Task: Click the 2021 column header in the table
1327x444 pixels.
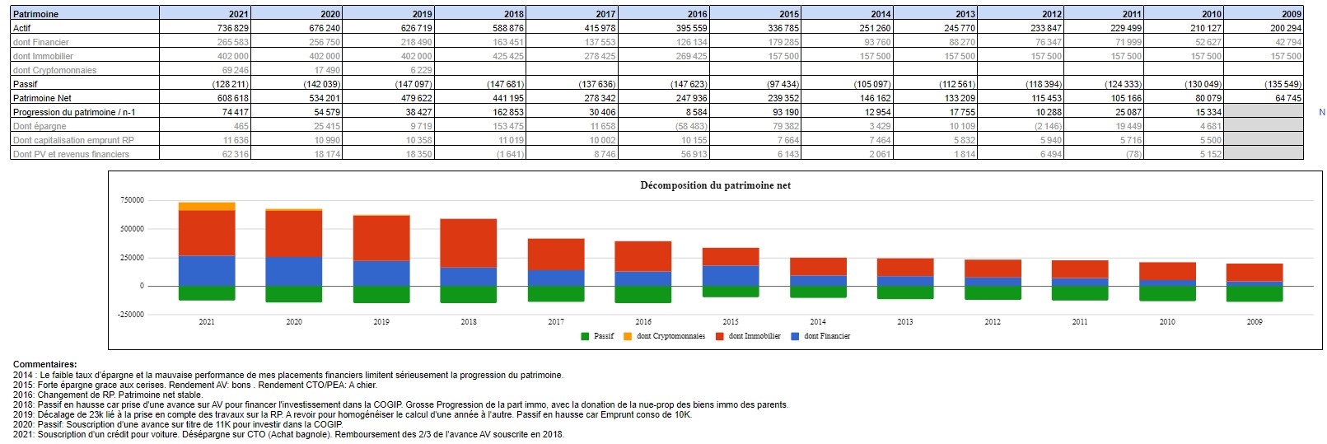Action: point(238,14)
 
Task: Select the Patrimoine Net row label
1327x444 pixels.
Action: point(42,98)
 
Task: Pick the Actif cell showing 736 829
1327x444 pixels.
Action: point(232,28)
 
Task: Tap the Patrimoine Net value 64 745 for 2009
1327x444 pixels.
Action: point(1288,98)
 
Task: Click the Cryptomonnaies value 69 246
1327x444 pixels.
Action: point(235,70)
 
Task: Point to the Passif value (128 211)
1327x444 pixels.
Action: point(231,84)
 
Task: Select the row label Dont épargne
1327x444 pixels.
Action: point(40,126)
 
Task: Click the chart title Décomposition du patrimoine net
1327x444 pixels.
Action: point(715,185)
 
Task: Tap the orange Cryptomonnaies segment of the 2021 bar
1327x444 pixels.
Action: point(207,206)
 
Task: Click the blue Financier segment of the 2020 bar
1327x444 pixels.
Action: point(294,271)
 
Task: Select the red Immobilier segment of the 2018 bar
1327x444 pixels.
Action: point(469,243)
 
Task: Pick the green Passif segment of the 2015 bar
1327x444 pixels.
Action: point(731,292)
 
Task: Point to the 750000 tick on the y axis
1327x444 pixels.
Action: point(132,200)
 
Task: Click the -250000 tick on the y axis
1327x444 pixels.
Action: point(130,315)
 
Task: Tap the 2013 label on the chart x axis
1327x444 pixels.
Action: point(905,322)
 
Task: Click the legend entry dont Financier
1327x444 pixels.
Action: point(826,336)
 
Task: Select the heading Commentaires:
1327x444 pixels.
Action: point(45,364)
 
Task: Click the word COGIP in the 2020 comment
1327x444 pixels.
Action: point(328,424)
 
